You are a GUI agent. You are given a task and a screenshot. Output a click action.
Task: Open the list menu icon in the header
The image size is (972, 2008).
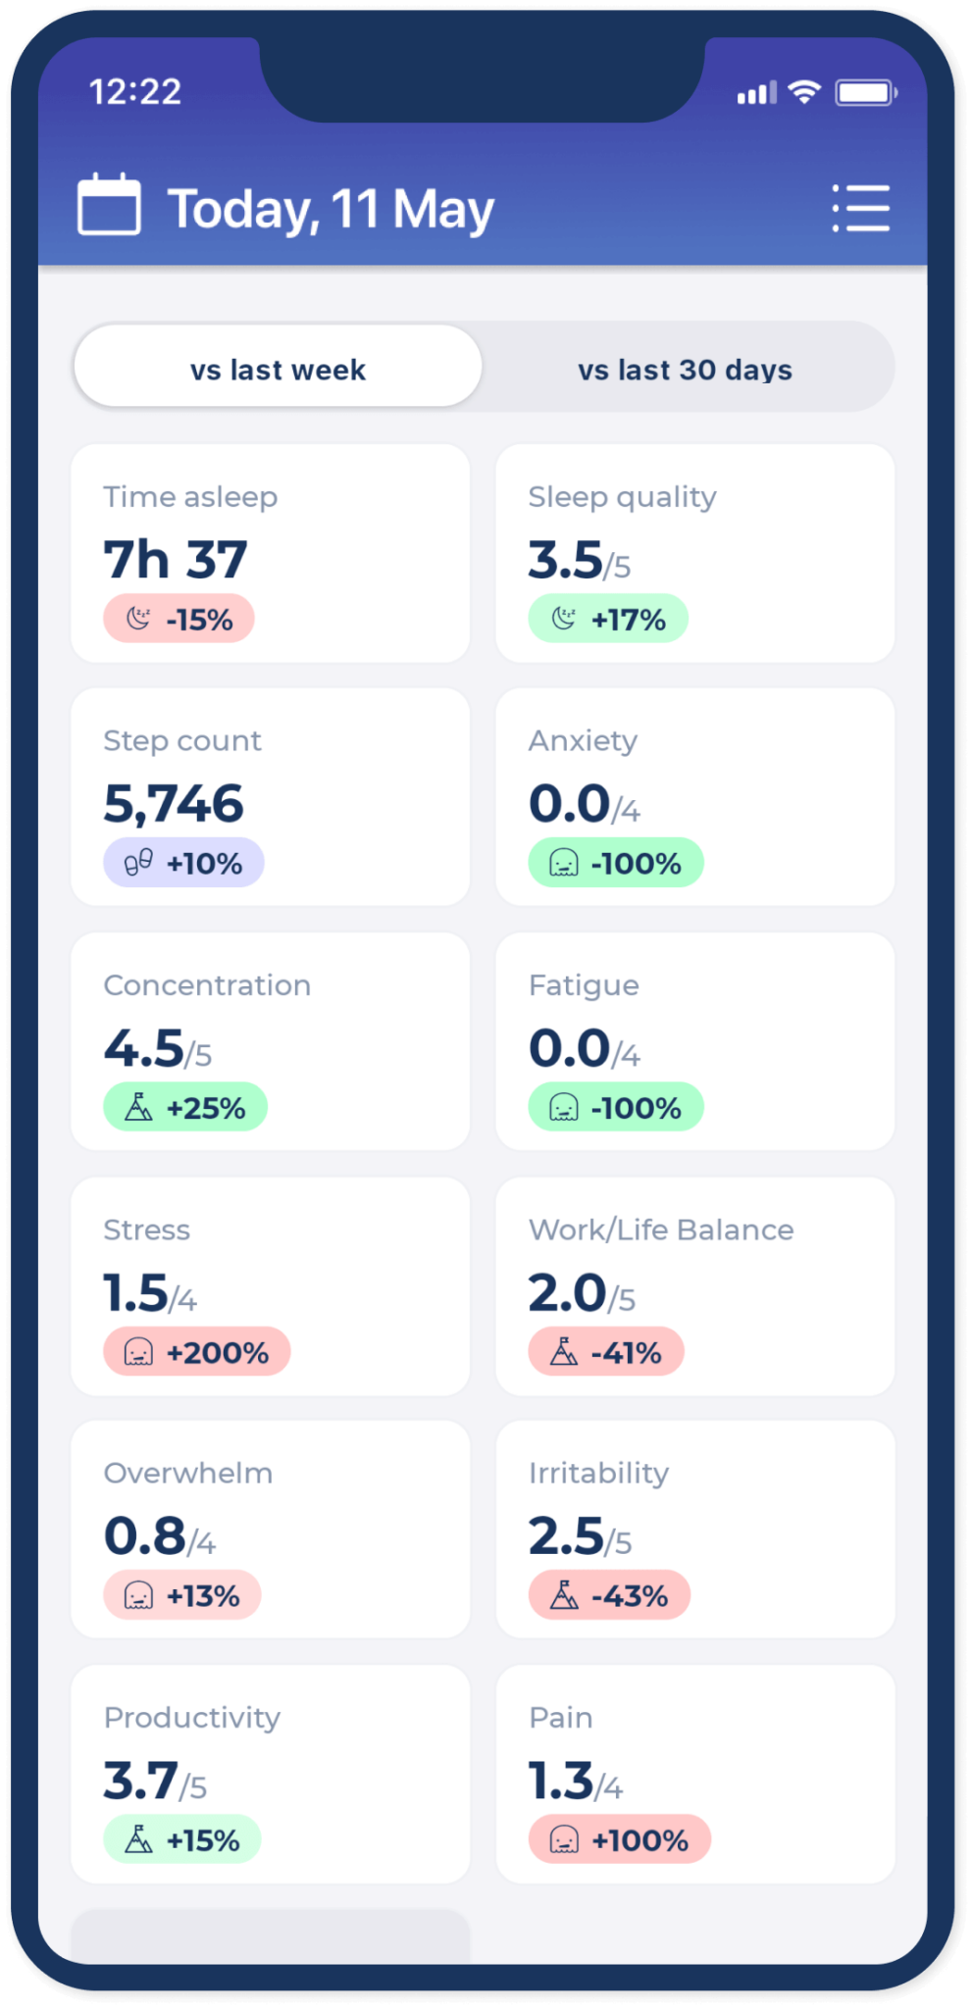pos(860,208)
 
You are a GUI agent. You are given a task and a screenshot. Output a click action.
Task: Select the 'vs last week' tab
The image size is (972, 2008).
pos(278,369)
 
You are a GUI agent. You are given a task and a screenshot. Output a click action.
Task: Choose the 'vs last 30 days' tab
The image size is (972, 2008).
pos(685,369)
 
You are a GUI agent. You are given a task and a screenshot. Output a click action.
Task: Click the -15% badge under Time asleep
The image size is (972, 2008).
pos(179,619)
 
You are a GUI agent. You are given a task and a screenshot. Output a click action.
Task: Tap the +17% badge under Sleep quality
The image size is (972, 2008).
pos(608,619)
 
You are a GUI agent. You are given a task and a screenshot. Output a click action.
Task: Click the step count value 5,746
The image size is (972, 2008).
pos(174,804)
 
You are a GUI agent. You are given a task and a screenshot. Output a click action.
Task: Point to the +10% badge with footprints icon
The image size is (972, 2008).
pos(183,863)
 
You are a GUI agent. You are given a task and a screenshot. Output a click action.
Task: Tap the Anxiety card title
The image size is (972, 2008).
pos(583,740)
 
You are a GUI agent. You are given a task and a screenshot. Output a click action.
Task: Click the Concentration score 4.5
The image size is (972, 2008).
pos(144,1048)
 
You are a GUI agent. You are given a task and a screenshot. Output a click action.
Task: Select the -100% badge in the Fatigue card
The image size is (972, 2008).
pos(616,1107)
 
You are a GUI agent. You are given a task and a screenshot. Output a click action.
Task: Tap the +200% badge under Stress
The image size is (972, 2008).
pos(197,1352)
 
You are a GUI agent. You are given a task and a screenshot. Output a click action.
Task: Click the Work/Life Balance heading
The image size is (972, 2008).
pos(661,1230)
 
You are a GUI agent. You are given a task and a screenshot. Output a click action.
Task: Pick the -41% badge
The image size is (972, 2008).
pos(606,1352)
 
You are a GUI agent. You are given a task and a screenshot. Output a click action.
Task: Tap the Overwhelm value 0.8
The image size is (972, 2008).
pos(145,1536)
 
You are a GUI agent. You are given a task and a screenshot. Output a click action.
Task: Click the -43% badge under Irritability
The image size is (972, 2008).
pos(609,1595)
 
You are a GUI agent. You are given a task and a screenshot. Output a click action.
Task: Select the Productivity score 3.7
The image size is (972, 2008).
pos(141,1781)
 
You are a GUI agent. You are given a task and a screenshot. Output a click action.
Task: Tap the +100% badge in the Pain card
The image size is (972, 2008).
pos(620,1839)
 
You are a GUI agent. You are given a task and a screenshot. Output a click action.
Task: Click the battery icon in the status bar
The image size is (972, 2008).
pos(865,93)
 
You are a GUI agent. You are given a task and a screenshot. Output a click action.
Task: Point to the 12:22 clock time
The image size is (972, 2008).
pos(135,92)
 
